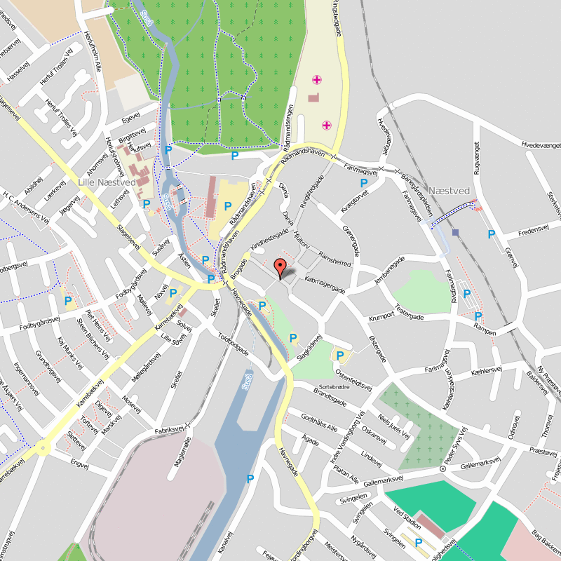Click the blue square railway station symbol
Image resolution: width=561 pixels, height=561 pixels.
pyautogui.click(x=456, y=232)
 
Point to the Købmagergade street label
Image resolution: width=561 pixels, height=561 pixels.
pyautogui.click(x=325, y=283)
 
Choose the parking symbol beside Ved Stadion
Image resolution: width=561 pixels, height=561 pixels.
pyautogui.click(x=419, y=542)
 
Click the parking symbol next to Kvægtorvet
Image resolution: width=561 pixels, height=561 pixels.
pyautogui.click(x=364, y=184)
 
